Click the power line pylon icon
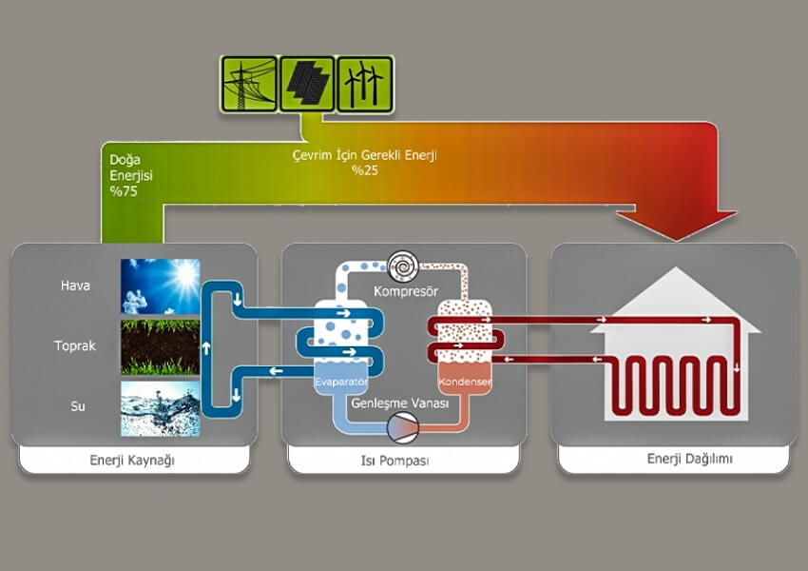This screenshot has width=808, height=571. [249, 83]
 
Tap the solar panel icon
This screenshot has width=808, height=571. [307, 83]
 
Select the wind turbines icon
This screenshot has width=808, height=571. [365, 83]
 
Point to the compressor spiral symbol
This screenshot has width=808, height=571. [401, 263]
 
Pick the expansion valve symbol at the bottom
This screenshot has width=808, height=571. [403, 431]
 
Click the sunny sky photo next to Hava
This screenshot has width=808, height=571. [161, 286]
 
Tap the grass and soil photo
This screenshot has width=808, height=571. [161, 347]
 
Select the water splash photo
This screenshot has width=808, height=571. [161, 408]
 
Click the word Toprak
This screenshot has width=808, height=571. [75, 346]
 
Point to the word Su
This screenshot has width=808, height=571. [75, 407]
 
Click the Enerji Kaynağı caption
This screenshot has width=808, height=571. [133, 461]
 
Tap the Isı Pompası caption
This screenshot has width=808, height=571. [403, 461]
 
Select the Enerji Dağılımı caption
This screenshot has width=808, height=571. [676, 460]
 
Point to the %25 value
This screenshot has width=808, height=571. [365, 170]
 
